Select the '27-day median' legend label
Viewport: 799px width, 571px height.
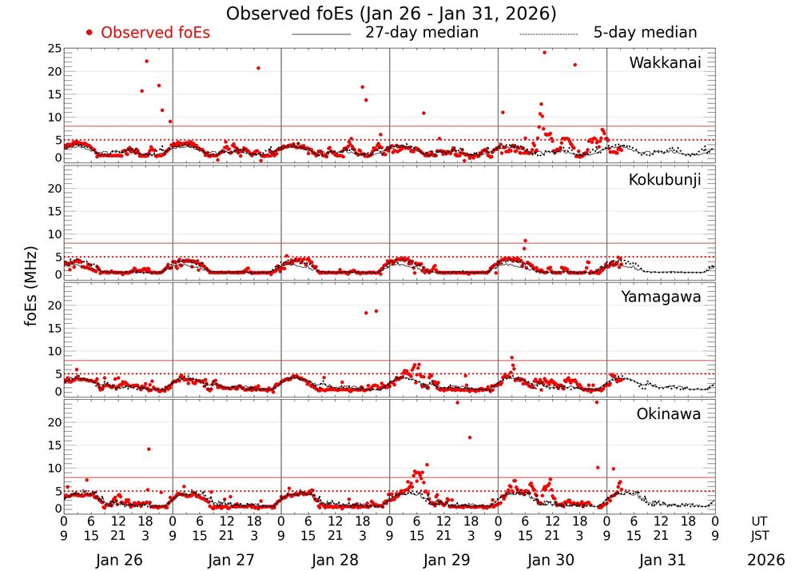click(x=421, y=33)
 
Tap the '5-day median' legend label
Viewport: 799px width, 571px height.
click(x=645, y=33)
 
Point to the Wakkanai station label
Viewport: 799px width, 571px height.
click(x=665, y=63)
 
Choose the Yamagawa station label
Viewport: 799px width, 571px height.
click(x=662, y=297)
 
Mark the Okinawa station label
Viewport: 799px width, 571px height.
click(x=668, y=414)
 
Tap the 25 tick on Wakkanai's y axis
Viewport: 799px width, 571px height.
click(x=54, y=49)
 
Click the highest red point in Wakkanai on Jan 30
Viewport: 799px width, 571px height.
click(x=544, y=53)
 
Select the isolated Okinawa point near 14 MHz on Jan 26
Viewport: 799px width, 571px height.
click(x=149, y=449)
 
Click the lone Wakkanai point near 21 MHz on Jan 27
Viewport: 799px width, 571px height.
click(x=258, y=68)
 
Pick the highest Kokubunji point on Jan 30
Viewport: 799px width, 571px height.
click(x=525, y=241)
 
